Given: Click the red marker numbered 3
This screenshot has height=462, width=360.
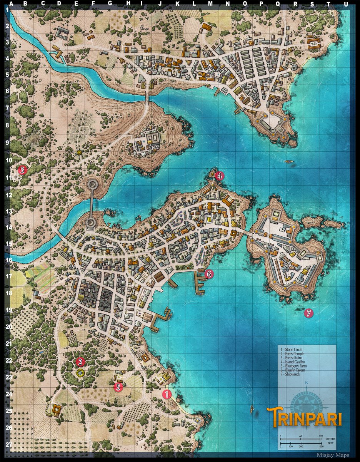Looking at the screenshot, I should (x=22, y=169).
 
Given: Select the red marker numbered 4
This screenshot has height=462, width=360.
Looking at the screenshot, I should (x=219, y=176).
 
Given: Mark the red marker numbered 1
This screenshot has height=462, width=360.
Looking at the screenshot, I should (x=167, y=394).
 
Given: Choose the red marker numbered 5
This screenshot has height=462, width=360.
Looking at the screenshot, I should (x=119, y=387).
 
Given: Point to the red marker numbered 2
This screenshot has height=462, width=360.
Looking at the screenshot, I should (x=80, y=362).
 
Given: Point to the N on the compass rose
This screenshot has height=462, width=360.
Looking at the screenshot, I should (x=307, y=383).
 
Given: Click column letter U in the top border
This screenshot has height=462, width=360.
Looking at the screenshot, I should (x=346, y=4).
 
